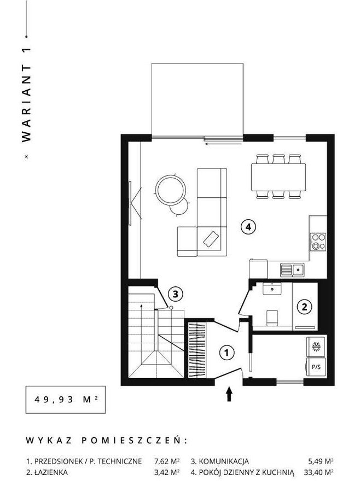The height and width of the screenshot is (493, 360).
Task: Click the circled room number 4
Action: click(x=248, y=227)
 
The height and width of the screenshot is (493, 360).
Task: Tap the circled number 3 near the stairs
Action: click(x=175, y=294)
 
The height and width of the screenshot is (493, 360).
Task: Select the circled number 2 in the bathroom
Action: click(x=304, y=307)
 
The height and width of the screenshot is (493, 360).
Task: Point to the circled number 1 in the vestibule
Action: click(x=227, y=353)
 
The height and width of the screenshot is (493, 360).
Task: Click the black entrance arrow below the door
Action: click(x=229, y=394)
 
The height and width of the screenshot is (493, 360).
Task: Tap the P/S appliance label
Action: click(x=316, y=367)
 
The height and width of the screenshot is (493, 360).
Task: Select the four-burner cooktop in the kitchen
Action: click(x=318, y=242)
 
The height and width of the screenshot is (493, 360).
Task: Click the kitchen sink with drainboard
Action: click(x=292, y=270)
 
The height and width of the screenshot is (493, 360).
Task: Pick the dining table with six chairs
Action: click(x=278, y=177)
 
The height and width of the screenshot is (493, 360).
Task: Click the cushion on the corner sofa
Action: click(x=211, y=239)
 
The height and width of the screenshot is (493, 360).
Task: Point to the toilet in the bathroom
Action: click(x=272, y=318)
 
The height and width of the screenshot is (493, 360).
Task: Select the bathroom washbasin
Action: click(x=272, y=289)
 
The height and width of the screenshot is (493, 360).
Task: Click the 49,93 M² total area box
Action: click(x=66, y=400)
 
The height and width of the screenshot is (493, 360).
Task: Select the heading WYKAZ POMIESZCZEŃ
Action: click(x=106, y=440)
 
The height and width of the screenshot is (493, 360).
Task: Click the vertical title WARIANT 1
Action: click(x=27, y=95)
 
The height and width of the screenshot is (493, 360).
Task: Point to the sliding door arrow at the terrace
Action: click(x=223, y=144)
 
